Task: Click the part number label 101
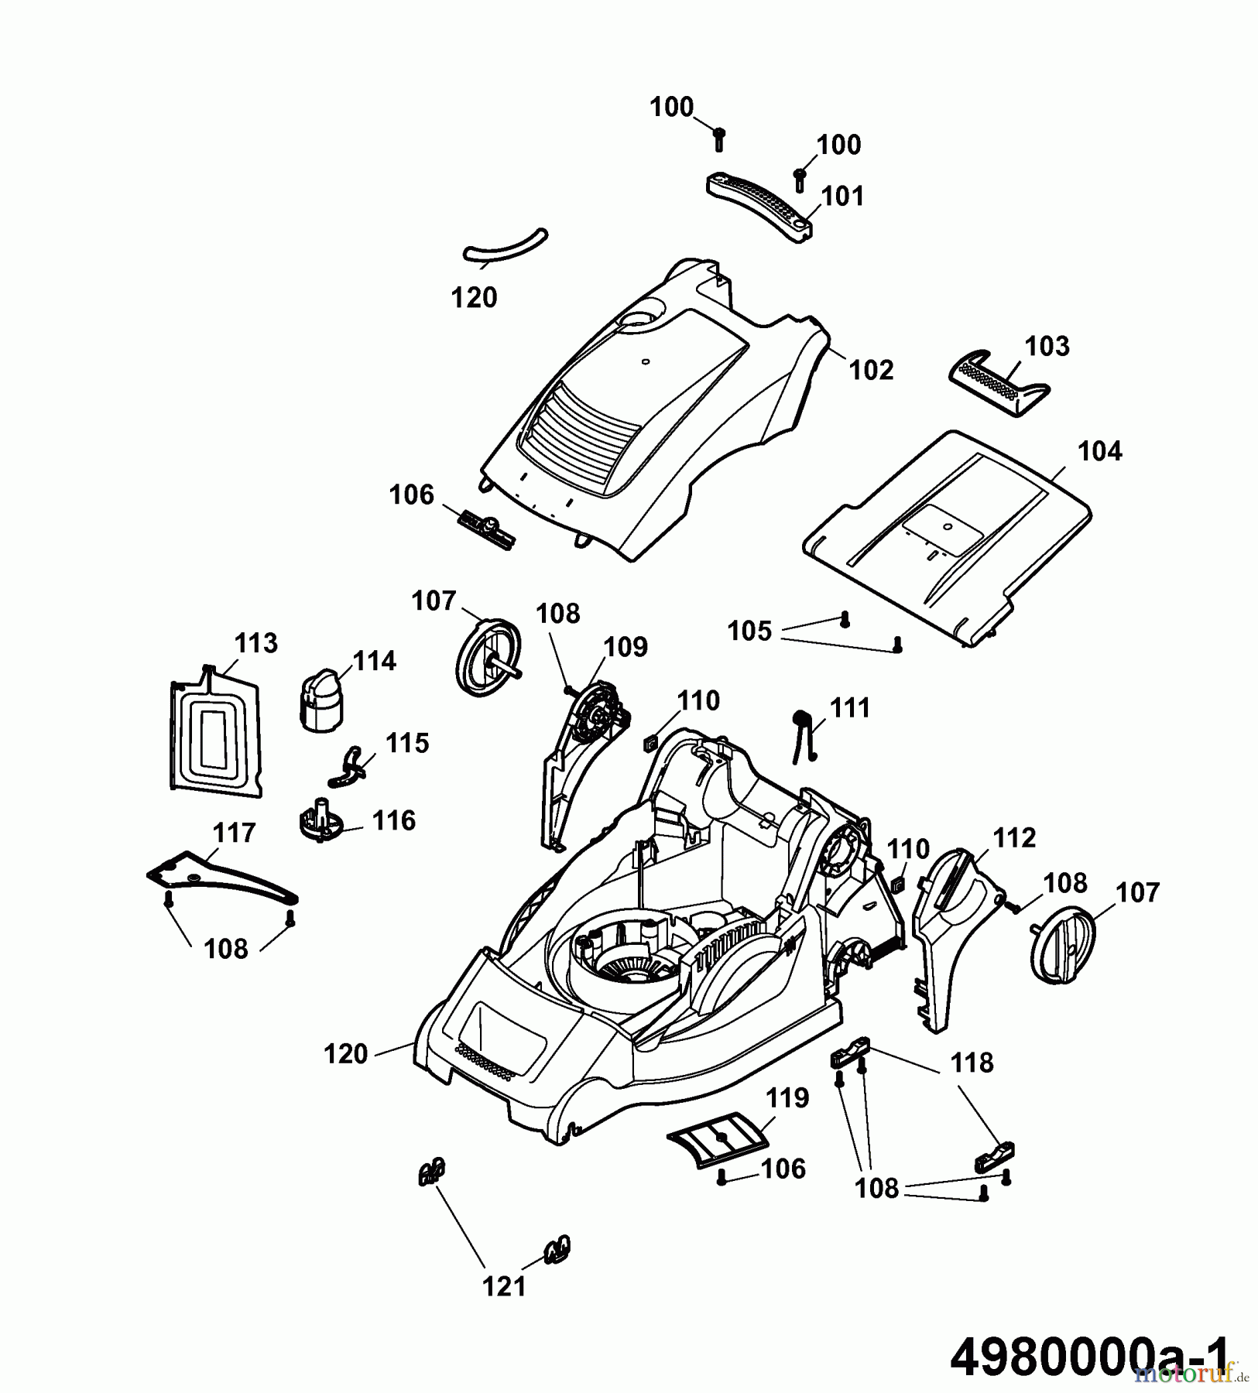click(x=842, y=196)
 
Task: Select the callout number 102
click(x=871, y=370)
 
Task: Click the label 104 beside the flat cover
click(x=1099, y=450)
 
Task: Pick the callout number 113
click(x=255, y=642)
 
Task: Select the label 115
click(x=407, y=743)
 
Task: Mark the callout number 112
click(x=1013, y=837)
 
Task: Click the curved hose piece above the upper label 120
click(x=505, y=246)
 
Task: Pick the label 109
click(x=626, y=646)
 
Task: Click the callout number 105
click(x=749, y=631)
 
